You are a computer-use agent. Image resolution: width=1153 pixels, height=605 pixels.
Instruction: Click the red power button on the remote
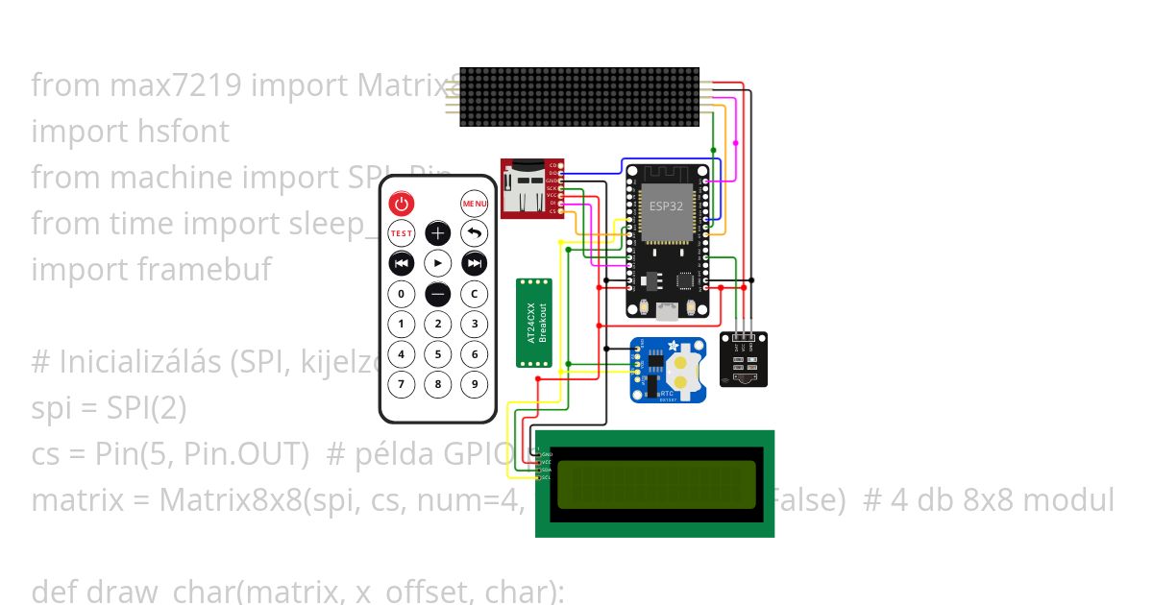[401, 204]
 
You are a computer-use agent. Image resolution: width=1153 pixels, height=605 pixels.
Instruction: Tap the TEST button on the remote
[401, 233]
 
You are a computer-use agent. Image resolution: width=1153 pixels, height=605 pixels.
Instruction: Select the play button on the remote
[437, 263]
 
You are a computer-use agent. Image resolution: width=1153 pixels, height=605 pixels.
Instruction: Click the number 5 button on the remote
[437, 354]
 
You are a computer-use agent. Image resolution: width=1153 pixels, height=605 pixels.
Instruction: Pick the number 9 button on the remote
[474, 385]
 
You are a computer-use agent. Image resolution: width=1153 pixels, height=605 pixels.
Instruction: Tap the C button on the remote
[474, 294]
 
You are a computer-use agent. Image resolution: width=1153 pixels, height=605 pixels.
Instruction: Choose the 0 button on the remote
[401, 294]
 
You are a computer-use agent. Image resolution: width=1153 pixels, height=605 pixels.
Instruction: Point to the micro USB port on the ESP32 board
[664, 310]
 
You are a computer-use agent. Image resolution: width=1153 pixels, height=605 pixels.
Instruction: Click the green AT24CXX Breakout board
[535, 323]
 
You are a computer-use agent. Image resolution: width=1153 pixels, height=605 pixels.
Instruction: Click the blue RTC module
[670, 370]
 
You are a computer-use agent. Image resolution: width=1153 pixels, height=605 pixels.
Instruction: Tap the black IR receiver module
[744, 359]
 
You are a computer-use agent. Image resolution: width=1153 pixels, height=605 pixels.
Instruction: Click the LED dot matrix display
[579, 97]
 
